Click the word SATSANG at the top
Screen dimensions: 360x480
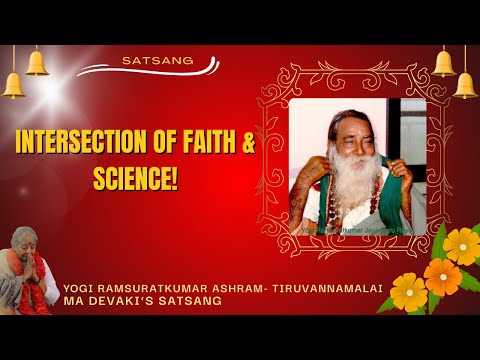coord(149,59)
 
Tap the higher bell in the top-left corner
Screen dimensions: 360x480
coord(37,62)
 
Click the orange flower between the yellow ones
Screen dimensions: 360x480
coord(441,275)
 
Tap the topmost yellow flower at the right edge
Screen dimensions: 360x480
coord(462,245)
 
